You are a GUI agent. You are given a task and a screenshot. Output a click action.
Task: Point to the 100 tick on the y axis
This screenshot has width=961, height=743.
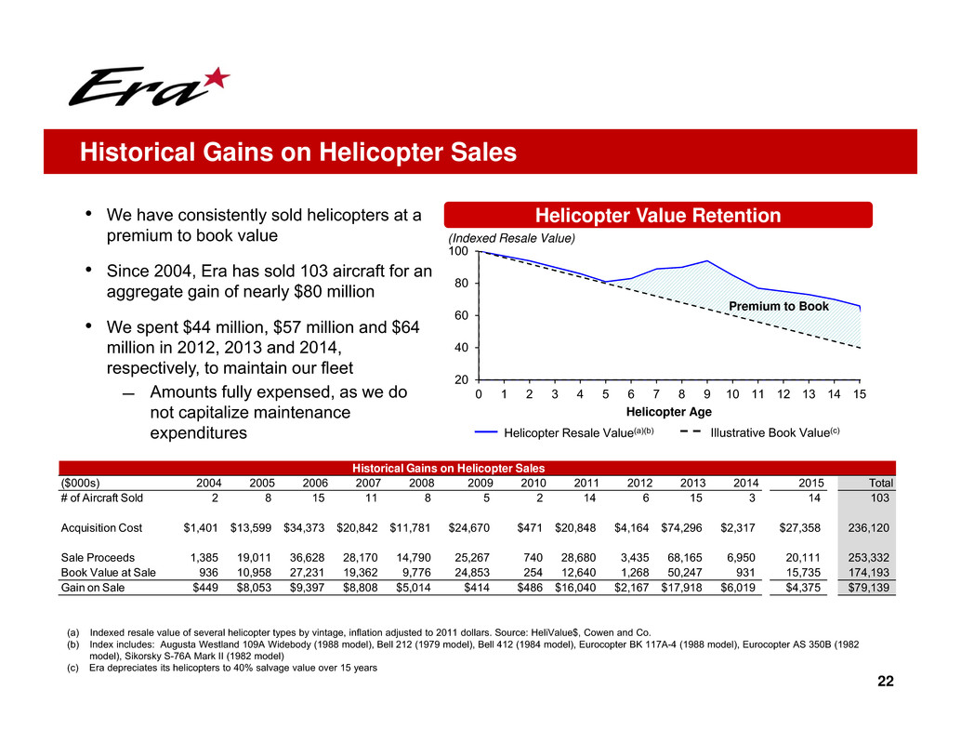click(458, 252)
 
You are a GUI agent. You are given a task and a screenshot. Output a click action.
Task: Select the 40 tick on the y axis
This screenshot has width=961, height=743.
click(458, 348)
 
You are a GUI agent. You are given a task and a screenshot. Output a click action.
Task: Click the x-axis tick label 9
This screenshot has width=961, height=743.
click(707, 394)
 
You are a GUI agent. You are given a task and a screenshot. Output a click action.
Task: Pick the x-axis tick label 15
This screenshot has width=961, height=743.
click(860, 394)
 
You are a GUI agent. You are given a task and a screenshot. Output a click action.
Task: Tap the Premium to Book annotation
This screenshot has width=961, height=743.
click(778, 306)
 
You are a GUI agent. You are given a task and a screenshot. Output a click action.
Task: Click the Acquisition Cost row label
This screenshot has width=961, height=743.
click(101, 527)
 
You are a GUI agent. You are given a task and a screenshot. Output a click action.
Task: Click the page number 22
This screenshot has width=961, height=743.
click(885, 682)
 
